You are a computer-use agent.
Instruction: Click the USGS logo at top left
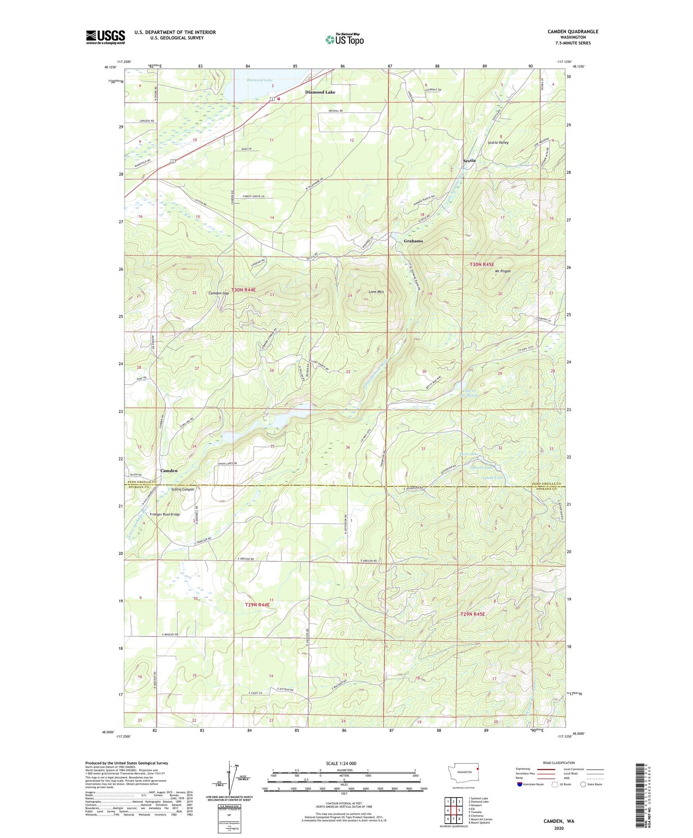(105, 37)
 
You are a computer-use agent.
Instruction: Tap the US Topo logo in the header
(344, 39)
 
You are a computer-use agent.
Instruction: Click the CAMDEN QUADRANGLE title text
(572, 31)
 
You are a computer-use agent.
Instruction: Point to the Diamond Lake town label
(320, 92)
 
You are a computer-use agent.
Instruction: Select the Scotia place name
(469, 160)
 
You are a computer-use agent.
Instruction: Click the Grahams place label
(413, 241)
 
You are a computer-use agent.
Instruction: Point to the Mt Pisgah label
(503, 271)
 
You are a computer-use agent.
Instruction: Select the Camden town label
(169, 471)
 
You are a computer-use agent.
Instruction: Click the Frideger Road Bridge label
(165, 514)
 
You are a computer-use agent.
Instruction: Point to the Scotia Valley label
(498, 142)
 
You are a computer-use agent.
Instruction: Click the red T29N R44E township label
(257, 605)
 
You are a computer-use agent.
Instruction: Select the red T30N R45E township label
(482, 264)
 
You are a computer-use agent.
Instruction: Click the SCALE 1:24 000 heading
(344, 763)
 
